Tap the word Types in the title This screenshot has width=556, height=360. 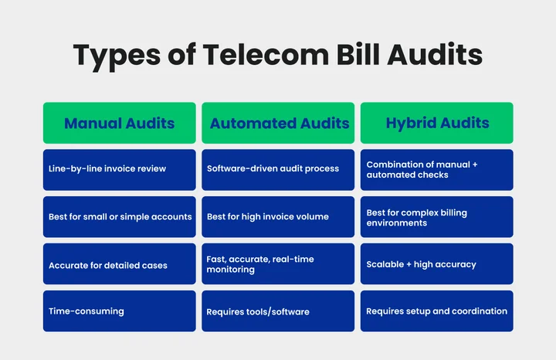110,56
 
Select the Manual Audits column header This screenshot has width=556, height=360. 119,123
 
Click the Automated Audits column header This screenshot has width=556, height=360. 280,123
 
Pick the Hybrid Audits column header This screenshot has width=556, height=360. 437,123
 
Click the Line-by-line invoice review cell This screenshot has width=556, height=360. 119,169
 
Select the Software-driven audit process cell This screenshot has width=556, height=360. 278,169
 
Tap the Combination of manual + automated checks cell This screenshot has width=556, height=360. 437,169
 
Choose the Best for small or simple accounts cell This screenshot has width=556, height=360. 119,216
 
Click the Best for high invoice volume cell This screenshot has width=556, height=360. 278,216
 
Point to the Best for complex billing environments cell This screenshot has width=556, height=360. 437,217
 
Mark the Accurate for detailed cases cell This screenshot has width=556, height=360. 119,264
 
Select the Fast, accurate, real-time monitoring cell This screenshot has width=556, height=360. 278,264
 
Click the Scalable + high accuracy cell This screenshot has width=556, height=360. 437,264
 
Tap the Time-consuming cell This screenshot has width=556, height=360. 119,311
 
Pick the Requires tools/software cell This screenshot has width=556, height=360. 278,311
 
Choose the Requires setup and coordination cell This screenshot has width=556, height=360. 437,311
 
